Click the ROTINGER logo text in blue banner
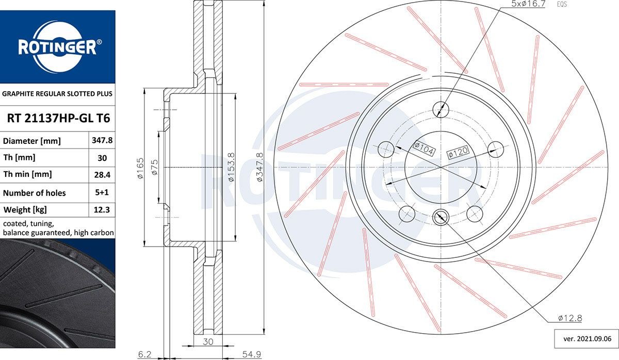pyautogui.click(x=57, y=47)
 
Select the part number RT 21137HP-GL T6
pyautogui.click(x=58, y=119)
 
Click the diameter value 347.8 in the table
pyautogui.click(x=100, y=141)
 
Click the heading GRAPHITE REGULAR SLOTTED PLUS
pyautogui.click(x=57, y=94)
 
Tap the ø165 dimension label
pyautogui.click(x=140, y=169)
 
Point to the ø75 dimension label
pyautogui.click(x=154, y=168)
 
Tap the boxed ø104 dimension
pyautogui.click(x=425, y=149)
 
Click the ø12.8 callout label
pyautogui.click(x=570, y=318)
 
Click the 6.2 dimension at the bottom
pyautogui.click(x=144, y=354)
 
